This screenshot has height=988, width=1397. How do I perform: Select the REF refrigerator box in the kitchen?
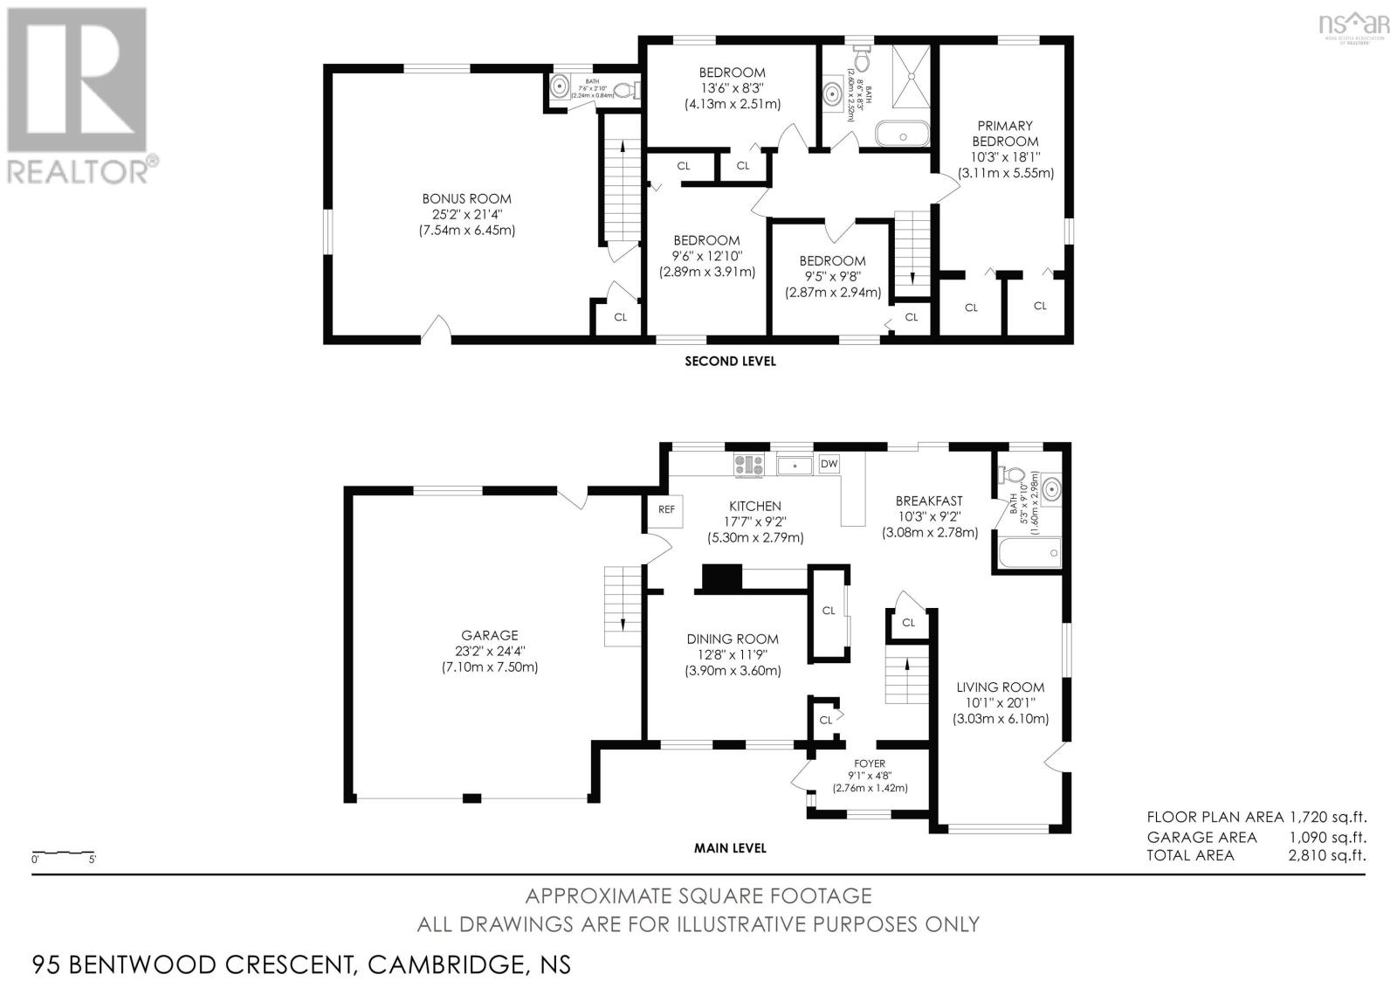pos(666,509)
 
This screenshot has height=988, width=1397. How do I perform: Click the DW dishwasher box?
pos(829,464)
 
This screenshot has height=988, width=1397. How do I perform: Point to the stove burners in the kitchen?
pos(749,465)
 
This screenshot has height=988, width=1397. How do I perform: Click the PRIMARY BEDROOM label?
pos(1005,133)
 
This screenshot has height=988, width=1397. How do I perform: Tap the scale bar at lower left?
pos(63,852)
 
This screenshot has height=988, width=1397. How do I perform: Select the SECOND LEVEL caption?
pos(729,361)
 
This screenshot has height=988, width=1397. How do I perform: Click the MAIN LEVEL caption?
pos(729,847)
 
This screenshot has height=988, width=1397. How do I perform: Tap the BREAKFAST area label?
pos(929,501)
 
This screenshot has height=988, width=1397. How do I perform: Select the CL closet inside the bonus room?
pos(620,317)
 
